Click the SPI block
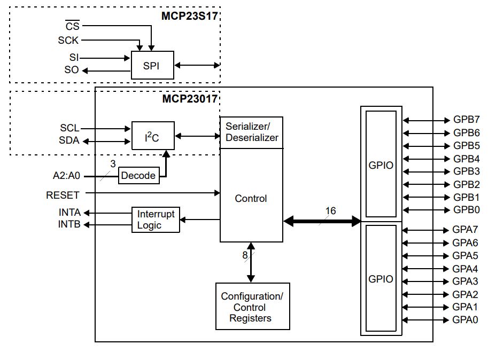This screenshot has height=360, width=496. pyautogui.click(x=152, y=65)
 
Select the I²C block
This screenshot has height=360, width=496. pyautogui.click(x=153, y=136)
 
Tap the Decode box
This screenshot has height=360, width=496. pyautogui.click(x=139, y=175)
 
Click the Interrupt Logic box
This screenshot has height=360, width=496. pyautogui.click(x=156, y=220)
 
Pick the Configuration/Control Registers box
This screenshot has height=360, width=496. pyautogui.click(x=252, y=307)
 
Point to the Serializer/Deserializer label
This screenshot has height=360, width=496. pyautogui.click(x=252, y=132)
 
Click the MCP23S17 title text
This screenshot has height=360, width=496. pyautogui.click(x=190, y=16)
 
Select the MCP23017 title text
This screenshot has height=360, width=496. pyautogui.click(x=190, y=99)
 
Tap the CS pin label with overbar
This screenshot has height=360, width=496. pyautogui.click(x=73, y=25)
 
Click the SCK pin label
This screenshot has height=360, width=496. pyautogui.click(x=68, y=41)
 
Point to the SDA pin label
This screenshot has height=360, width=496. pyautogui.click(x=69, y=140)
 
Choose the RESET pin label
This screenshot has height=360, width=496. pyautogui.click(x=63, y=195)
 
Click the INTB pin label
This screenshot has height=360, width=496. pyautogui.click(x=69, y=224)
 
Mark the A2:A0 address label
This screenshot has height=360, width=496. pyautogui.click(x=66, y=175)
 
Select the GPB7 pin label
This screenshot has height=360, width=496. pyautogui.click(x=466, y=120)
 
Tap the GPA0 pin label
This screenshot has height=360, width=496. pyautogui.click(x=465, y=320)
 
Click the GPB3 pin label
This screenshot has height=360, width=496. pyautogui.click(x=466, y=171)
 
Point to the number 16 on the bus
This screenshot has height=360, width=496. pyautogui.click(x=330, y=211)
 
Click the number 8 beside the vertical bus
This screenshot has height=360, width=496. pyautogui.click(x=245, y=255)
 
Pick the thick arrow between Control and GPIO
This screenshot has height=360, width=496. pyautogui.click(x=322, y=221)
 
